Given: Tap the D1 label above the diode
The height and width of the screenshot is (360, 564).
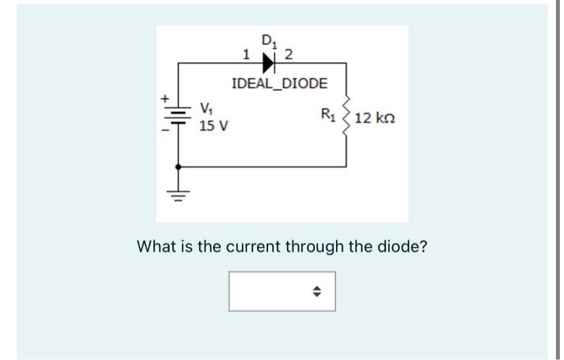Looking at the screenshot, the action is pos(268,39).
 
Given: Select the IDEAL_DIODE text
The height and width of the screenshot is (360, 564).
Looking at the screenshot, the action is pos(280,84).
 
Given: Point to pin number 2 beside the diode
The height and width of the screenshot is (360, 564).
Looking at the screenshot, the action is pos(289,55).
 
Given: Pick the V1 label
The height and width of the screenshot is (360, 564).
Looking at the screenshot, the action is pos(206,108).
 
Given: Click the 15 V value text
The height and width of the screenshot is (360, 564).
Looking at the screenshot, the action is pos(213,126).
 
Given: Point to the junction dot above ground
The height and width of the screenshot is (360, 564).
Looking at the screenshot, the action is pos(178,167).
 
